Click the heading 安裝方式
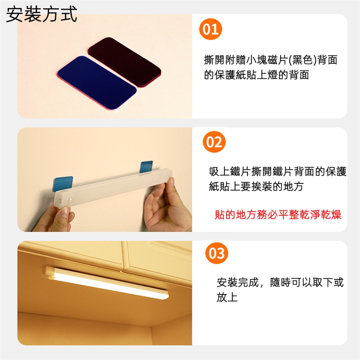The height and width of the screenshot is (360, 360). pos(41,14)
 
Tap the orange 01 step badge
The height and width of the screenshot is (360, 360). pos(210,29)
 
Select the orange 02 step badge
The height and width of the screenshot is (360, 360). pos(214,142)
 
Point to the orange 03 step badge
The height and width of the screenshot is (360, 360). pos(216,253)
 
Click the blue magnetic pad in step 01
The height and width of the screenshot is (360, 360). pos(97,82)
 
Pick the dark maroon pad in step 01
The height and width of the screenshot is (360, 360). pos(124,62)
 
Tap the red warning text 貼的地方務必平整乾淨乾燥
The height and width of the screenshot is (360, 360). pos(278,214)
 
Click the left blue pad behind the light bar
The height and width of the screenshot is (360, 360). pos(63,184)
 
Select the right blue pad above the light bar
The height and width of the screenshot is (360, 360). pos(146,167)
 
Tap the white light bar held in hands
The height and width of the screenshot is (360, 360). pos(114,188)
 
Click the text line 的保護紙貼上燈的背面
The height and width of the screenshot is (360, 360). pos(256,75)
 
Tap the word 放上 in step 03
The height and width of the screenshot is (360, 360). pos(227,297)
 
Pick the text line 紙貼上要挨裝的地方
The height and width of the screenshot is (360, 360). pos(256,186)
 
